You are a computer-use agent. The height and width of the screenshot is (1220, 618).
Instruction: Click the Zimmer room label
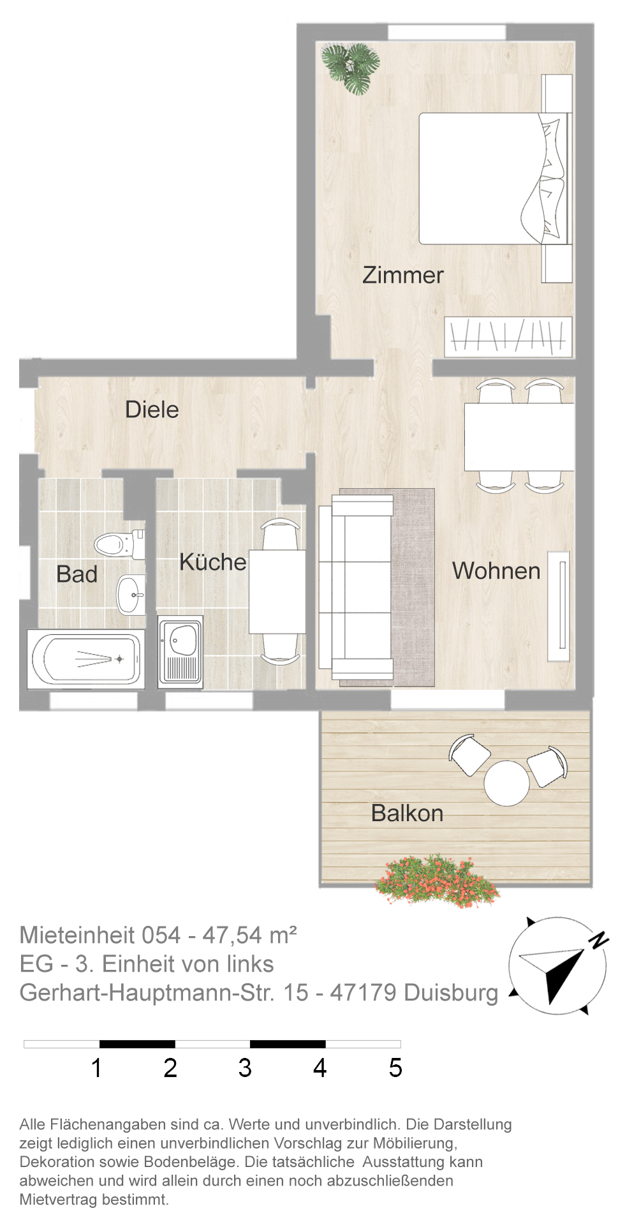coord(402,275)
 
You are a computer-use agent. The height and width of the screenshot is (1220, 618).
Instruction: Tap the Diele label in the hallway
coord(152,410)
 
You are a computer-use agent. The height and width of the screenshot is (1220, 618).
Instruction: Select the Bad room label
coord(77,574)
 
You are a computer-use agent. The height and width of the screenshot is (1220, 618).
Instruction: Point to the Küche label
coord(212,562)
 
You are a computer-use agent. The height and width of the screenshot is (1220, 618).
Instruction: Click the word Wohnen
coord(496,571)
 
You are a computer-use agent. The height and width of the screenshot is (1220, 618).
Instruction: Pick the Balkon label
coord(407,814)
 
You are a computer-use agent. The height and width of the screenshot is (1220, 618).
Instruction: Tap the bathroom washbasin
coord(131,594)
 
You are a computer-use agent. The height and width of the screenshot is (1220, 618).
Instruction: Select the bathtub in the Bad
coord(85,658)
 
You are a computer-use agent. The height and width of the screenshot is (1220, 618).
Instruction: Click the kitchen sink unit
coord(180,651)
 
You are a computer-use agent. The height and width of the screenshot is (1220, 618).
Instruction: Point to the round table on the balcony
coord(506,783)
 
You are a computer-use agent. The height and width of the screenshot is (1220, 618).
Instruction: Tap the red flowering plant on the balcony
coord(438,881)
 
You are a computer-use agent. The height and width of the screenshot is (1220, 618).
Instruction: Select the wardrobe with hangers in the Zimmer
coord(508,337)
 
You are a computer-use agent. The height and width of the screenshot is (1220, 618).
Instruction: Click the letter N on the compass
coord(598,939)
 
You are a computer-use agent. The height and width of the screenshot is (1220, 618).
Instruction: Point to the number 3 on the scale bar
coord(245,1068)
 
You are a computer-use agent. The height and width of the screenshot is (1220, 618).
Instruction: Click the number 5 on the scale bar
coord(395,1068)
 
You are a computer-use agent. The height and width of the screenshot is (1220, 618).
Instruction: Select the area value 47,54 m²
coord(249,935)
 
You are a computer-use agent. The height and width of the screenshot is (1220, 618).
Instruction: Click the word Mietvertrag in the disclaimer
coord(59,1200)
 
